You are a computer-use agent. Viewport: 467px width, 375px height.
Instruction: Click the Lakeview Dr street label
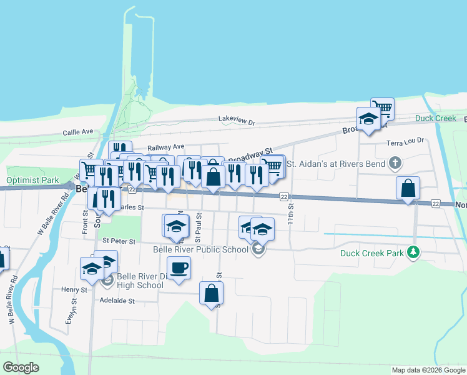(237, 119)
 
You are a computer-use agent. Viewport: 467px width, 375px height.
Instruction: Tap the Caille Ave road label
(77, 132)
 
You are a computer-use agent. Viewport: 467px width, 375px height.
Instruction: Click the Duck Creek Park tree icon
(412, 252)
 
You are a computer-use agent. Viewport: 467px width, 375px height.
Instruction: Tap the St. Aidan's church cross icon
(394, 164)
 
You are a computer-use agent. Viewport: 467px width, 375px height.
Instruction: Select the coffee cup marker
(179, 269)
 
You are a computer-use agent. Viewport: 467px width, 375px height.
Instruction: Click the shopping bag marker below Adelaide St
(212, 292)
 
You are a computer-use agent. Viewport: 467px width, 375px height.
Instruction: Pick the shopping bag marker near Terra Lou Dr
(408, 187)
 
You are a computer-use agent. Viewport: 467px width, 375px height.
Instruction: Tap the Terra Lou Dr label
(405, 142)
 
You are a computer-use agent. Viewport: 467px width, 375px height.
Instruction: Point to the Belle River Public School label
(200, 250)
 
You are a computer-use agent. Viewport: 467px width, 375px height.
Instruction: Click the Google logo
(21, 367)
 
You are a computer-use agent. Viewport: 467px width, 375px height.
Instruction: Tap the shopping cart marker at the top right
(382, 109)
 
